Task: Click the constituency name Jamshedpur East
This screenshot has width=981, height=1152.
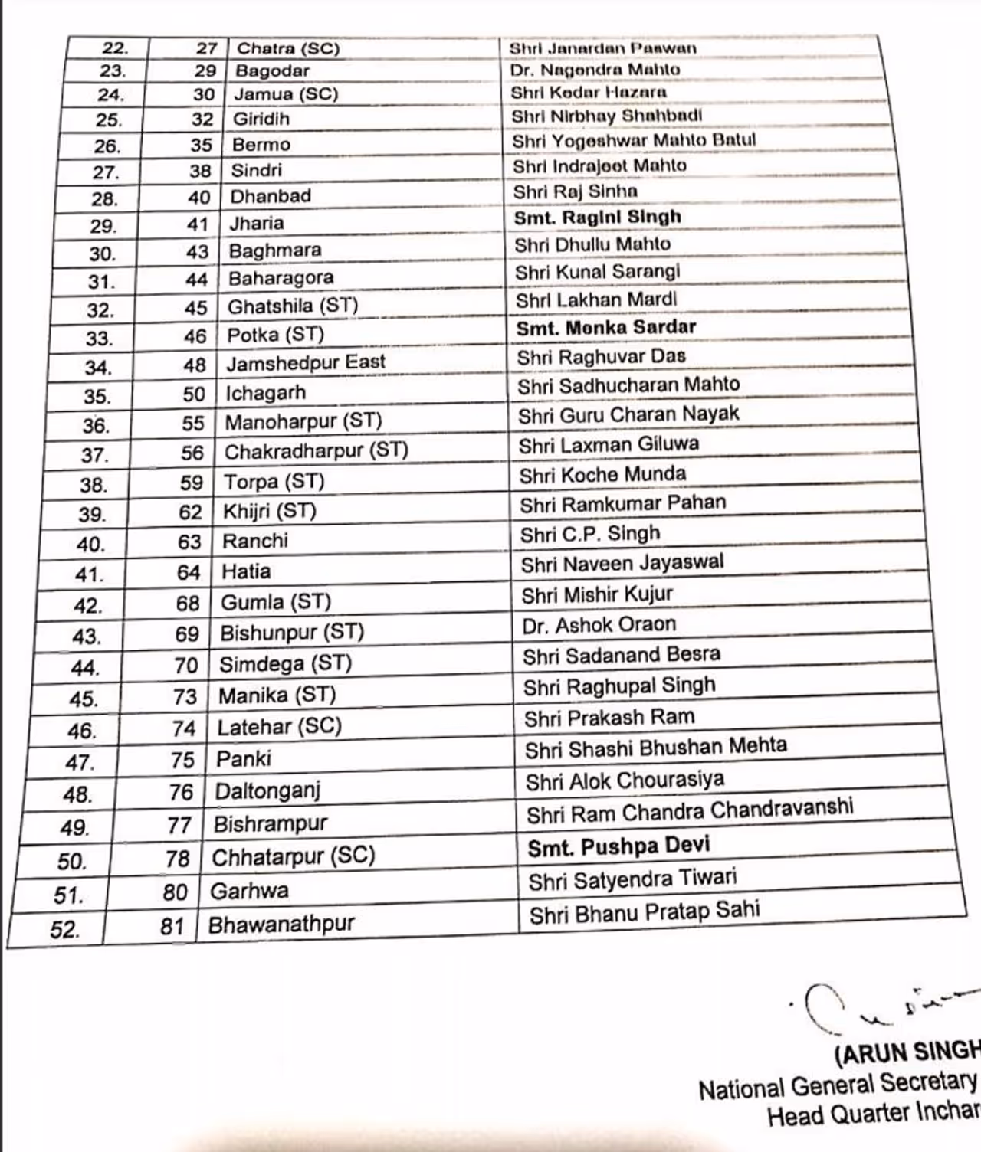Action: tap(305, 362)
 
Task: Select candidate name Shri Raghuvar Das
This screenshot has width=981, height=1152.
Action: tap(601, 357)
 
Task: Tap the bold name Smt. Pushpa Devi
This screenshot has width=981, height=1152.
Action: tap(618, 847)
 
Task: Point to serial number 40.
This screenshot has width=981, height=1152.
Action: tap(90, 545)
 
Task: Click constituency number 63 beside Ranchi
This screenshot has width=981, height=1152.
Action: tap(189, 542)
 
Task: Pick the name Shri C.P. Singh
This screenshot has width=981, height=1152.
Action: tap(589, 534)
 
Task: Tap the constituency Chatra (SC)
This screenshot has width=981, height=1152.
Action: tap(287, 48)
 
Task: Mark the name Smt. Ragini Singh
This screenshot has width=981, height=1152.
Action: tap(597, 218)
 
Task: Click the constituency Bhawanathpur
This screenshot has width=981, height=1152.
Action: tap(281, 925)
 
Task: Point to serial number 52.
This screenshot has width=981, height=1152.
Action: tap(64, 930)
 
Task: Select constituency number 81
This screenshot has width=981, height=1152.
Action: tap(172, 927)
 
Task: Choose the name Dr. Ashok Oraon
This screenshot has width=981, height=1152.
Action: tap(599, 626)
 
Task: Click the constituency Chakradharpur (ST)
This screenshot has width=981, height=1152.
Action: tap(316, 450)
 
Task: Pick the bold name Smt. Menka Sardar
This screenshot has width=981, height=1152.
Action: tap(605, 328)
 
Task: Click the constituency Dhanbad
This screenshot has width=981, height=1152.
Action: tap(271, 196)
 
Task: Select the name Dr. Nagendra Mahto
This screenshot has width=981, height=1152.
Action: tap(595, 70)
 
